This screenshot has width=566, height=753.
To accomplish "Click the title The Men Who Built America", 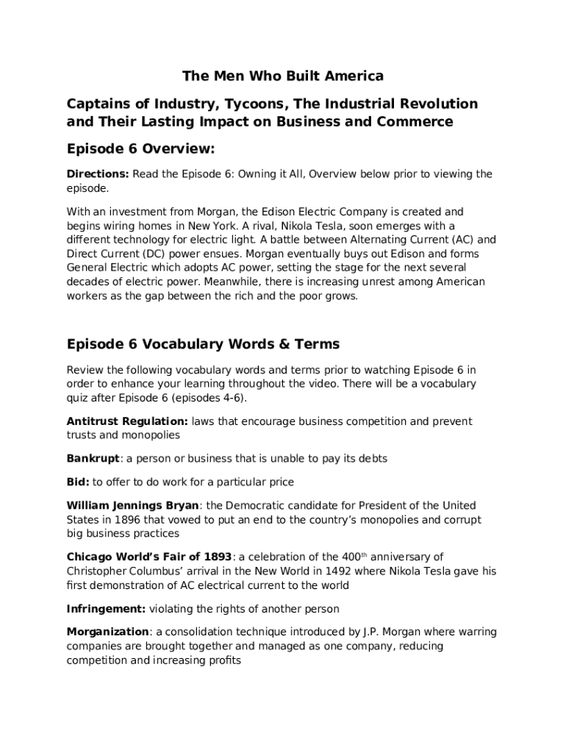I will tap(283, 76).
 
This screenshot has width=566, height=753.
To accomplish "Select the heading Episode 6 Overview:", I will tap(140, 149).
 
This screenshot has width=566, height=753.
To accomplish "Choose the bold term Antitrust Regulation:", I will tap(127, 421).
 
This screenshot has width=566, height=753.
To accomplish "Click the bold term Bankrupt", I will tap(93, 458).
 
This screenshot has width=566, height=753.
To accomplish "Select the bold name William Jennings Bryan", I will tap(132, 505).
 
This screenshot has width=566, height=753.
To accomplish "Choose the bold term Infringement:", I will tap(107, 608).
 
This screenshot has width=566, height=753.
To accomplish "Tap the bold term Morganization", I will tap(108, 632).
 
